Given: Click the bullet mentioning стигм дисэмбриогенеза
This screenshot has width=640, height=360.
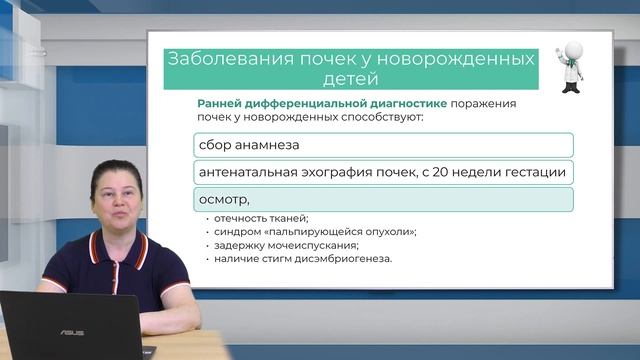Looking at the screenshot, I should (x=289, y=258).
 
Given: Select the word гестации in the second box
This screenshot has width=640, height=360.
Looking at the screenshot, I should (x=537, y=172).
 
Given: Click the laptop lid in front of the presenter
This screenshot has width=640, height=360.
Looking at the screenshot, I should (x=70, y=326).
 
